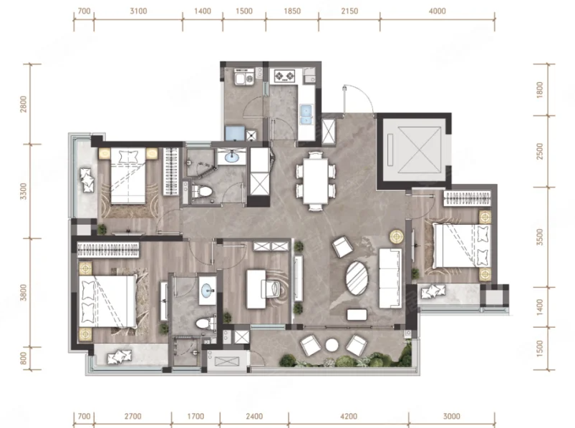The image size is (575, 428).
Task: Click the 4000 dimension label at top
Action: click(x=437, y=11)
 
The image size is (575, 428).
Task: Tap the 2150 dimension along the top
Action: click(x=349, y=11)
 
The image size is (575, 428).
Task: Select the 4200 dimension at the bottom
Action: click(x=349, y=417)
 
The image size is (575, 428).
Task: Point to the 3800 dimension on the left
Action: click(x=24, y=293)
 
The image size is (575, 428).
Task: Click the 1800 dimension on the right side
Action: click(x=539, y=89)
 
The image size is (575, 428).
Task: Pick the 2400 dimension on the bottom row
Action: click(x=254, y=417)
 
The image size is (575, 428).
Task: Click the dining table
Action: click(x=315, y=180)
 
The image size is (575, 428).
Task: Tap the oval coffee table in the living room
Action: click(x=357, y=278)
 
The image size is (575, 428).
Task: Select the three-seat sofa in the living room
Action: click(x=390, y=278)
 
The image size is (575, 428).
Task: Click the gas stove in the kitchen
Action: click(x=284, y=76)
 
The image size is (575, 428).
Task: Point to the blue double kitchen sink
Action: click(x=306, y=115)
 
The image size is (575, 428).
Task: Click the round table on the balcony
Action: click(x=332, y=345)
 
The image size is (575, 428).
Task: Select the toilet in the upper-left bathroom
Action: click(x=202, y=191)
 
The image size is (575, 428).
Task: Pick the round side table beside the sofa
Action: click(x=397, y=236)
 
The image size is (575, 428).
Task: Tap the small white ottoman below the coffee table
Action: click(x=357, y=314)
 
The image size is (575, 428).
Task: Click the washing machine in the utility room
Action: click(x=250, y=78)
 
